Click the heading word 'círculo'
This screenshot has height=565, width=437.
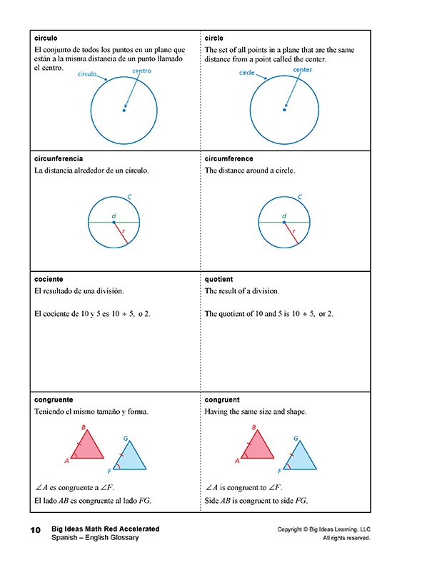[46, 38]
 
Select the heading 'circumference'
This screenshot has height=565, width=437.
[228, 158]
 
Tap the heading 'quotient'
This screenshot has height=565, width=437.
[218, 279]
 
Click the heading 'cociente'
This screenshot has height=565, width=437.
[49, 279]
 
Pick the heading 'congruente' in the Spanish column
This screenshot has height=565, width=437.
[54, 400]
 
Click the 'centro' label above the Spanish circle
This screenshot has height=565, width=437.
[141, 71]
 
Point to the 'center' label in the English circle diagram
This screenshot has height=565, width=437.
[303, 70]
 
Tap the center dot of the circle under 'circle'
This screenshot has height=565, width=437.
[285, 110]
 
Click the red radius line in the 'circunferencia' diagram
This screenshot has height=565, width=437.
[121, 233]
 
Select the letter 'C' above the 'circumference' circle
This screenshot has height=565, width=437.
[300, 197]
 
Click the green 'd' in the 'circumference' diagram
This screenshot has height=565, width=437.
[284, 215]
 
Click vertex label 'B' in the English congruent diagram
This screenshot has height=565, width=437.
[253, 428]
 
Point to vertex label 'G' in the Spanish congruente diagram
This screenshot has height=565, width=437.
[126, 439]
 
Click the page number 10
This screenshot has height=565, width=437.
[35, 531]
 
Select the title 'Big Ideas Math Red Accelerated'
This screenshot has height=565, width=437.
[105, 529]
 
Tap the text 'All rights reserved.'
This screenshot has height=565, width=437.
[346, 538]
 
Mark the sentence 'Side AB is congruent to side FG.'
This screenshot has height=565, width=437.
[256, 501]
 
